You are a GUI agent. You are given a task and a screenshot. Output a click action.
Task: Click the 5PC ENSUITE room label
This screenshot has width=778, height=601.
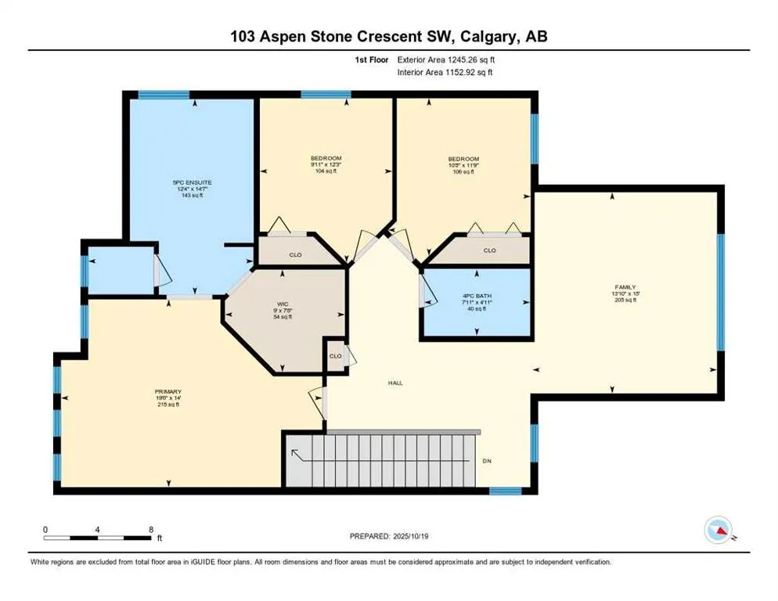[x=192, y=182]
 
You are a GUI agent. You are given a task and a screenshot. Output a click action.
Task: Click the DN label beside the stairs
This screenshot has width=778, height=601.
[x=486, y=460]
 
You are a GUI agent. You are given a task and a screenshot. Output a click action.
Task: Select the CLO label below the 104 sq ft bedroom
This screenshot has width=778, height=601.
[x=295, y=254]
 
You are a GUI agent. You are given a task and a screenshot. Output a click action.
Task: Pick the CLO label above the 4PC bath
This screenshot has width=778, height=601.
[x=489, y=250]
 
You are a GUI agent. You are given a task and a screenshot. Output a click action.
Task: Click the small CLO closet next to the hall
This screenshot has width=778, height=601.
[x=335, y=357]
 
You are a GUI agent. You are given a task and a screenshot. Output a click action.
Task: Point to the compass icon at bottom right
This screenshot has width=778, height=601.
[x=718, y=530]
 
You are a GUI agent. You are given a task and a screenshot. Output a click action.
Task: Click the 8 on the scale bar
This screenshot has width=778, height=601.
[x=150, y=529]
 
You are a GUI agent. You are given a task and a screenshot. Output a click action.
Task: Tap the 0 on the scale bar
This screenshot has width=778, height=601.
[x=45, y=529]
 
